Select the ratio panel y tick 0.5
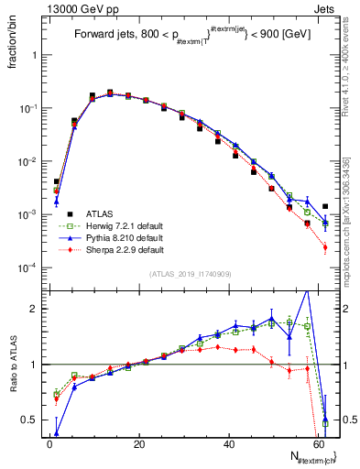click(x=33, y=420)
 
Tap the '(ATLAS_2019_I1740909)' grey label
click(x=189, y=274)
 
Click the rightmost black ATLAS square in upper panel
click(x=325, y=206)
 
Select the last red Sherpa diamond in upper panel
click(x=325, y=247)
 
